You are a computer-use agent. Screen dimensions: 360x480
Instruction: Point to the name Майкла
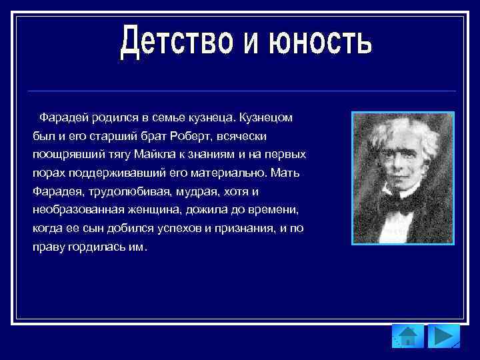(x=156, y=155)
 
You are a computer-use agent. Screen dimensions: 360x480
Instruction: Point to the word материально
(x=235, y=173)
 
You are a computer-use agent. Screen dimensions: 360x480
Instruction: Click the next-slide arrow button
(x=443, y=337)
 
